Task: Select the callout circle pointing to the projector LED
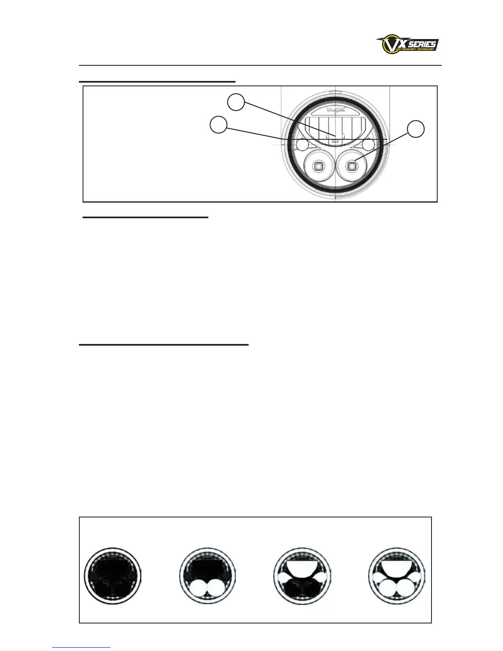[x=415, y=129]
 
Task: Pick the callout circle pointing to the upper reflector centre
[x=236, y=102]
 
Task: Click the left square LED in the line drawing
[x=318, y=166]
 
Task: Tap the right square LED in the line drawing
[x=352, y=166]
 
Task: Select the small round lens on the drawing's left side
[x=303, y=145]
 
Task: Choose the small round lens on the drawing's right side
[x=368, y=145]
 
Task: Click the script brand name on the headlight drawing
[x=334, y=110]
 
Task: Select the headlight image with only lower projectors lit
[x=208, y=574]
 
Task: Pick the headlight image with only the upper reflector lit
[x=302, y=574]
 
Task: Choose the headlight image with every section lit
[x=397, y=574]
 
